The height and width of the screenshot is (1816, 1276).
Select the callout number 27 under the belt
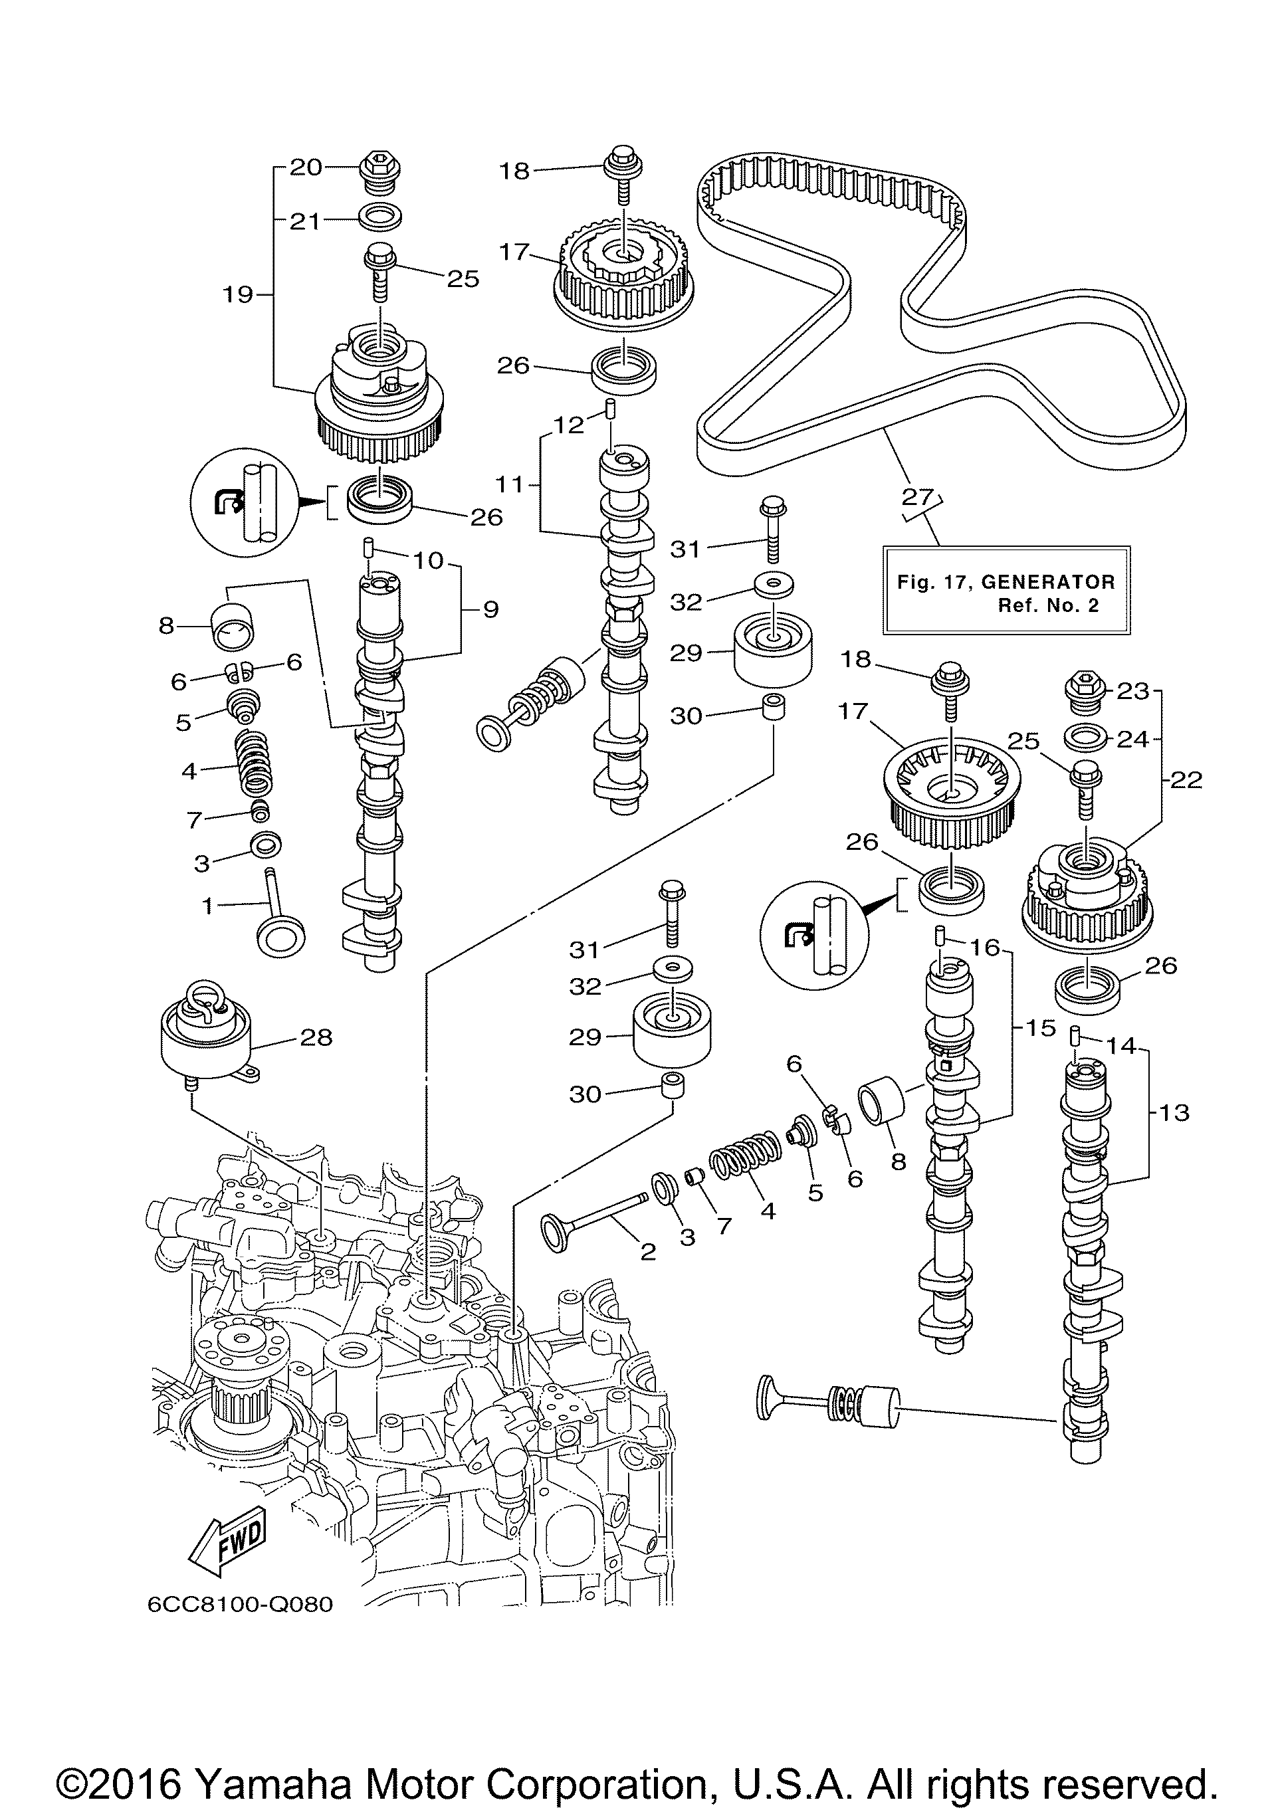click(918, 498)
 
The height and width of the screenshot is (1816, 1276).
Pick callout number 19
click(237, 295)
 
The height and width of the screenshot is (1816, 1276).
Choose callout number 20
click(306, 167)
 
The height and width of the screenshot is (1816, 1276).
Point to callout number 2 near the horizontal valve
click(648, 1251)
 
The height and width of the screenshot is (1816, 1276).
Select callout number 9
click(490, 609)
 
